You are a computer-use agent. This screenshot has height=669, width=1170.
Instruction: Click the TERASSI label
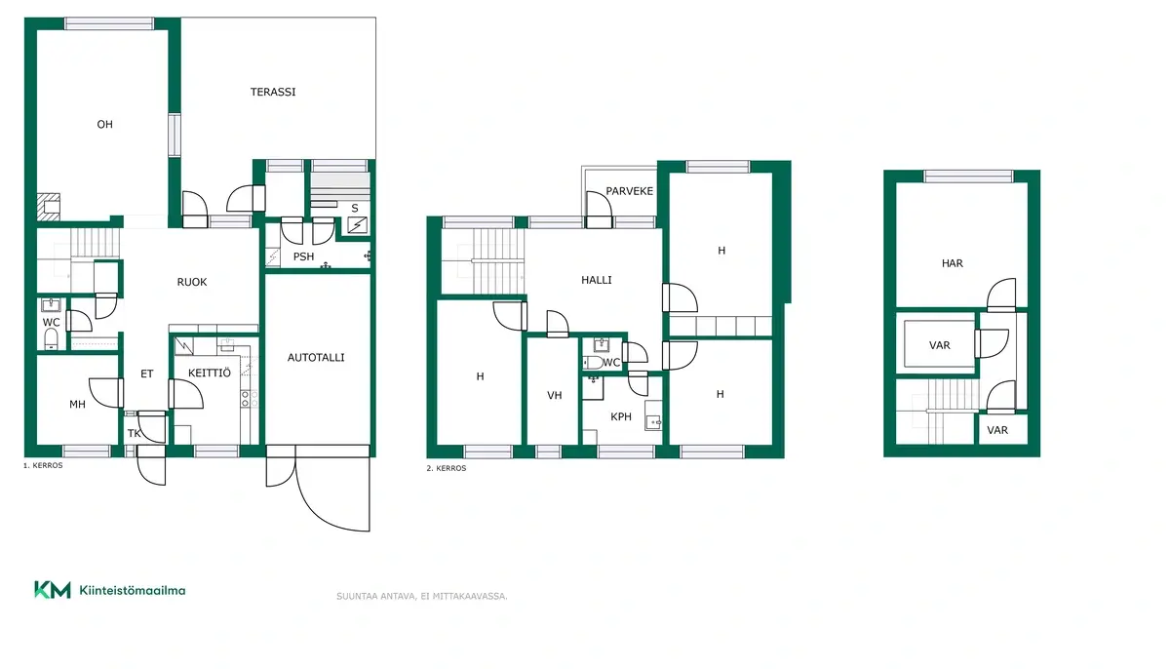273,92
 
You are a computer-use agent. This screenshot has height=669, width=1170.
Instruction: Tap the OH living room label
104,124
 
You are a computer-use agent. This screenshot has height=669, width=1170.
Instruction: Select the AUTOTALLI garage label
316,358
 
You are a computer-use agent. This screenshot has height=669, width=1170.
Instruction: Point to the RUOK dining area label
192,282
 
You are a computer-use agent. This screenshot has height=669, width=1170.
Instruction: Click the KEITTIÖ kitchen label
209,373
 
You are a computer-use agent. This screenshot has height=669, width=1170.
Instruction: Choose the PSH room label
303,256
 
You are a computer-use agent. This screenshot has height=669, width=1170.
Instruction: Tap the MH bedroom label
77,404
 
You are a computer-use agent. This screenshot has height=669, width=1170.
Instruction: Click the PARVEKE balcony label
630,191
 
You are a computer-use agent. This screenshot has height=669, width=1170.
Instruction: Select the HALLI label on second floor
597,280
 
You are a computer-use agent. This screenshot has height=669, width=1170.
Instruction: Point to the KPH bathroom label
621,416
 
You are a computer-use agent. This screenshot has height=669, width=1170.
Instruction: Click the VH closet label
554,395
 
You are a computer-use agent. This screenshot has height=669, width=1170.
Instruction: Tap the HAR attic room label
953,263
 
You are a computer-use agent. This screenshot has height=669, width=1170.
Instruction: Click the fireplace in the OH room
49,207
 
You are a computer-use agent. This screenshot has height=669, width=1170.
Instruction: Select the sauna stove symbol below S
357,225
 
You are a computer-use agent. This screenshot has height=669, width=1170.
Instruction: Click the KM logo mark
53,590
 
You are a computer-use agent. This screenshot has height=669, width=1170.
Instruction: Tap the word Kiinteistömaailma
133,591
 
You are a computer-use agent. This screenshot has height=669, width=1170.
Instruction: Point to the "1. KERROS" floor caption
43,465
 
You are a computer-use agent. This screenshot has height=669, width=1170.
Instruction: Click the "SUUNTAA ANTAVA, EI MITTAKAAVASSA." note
422,596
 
